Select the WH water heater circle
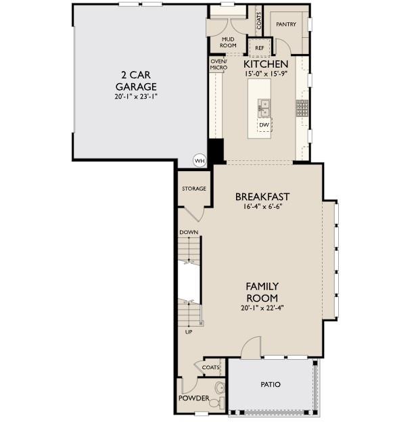[199, 161]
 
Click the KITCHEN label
[266, 64]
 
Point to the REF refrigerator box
[259, 49]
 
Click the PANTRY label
[286, 24]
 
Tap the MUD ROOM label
[228, 43]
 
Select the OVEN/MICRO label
[218, 64]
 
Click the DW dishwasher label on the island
[264, 124]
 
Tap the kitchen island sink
[264, 107]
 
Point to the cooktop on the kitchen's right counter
[302, 107]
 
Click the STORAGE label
[193, 189]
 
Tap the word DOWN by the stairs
[189, 232]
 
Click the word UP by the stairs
[189, 332]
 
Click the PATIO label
[271, 385]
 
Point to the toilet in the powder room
[217, 390]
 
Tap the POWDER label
[193, 398]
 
